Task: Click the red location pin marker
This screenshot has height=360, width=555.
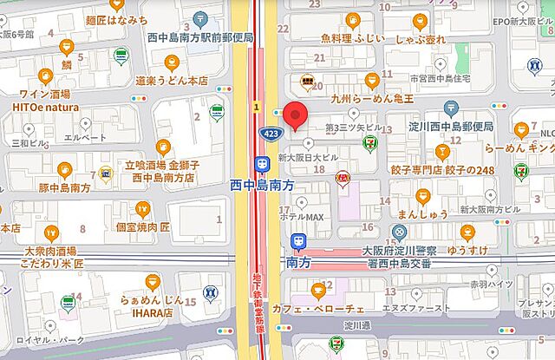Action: pyautogui.click(x=297, y=115)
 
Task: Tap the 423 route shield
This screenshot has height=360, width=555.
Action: pyautogui.click(x=269, y=132)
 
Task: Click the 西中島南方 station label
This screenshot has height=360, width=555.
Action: pyautogui.click(x=264, y=185)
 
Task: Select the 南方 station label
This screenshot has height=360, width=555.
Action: pyautogui.click(x=298, y=260)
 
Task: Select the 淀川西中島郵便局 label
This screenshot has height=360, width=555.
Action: pyautogui.click(x=450, y=127)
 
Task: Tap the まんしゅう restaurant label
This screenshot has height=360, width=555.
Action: pyautogui.click(x=422, y=213)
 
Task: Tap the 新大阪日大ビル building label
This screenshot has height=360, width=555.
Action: pyautogui.click(x=307, y=158)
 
